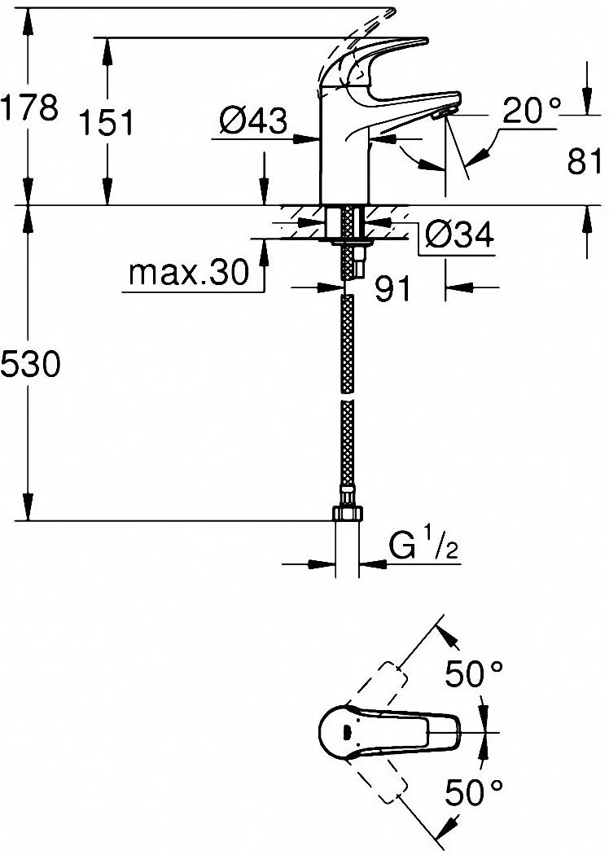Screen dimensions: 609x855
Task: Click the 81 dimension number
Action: click(x=585, y=161)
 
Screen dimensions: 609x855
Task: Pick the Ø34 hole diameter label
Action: click(x=460, y=235)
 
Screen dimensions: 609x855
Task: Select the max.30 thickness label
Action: click(x=188, y=273)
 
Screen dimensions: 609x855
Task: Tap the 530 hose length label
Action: click(x=30, y=364)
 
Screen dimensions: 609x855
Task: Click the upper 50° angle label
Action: click(x=474, y=674)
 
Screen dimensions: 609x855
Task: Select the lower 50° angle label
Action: click(x=474, y=792)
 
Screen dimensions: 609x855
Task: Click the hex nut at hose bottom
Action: click(x=347, y=514)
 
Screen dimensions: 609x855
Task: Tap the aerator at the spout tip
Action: click(x=442, y=113)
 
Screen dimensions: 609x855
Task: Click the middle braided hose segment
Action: click(x=347, y=343)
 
